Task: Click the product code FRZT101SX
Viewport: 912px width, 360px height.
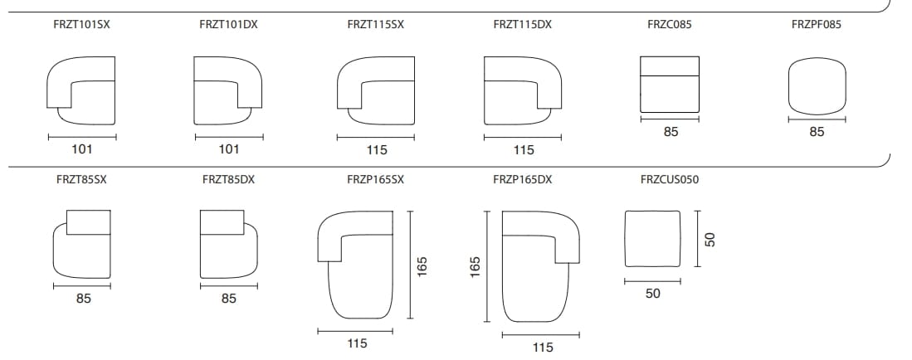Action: point(81,25)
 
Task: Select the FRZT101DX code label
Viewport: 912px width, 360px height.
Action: point(228,25)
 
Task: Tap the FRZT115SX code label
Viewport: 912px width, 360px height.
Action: point(375,25)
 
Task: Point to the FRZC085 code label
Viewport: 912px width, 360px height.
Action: point(670,25)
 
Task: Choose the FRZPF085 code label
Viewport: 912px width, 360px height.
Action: point(817,25)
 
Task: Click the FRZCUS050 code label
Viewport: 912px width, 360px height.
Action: point(670,180)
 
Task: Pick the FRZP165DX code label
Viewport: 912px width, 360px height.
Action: point(522,180)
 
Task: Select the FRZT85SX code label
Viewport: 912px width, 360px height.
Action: point(81,180)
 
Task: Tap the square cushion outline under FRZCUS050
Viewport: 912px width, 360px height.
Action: point(652,212)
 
